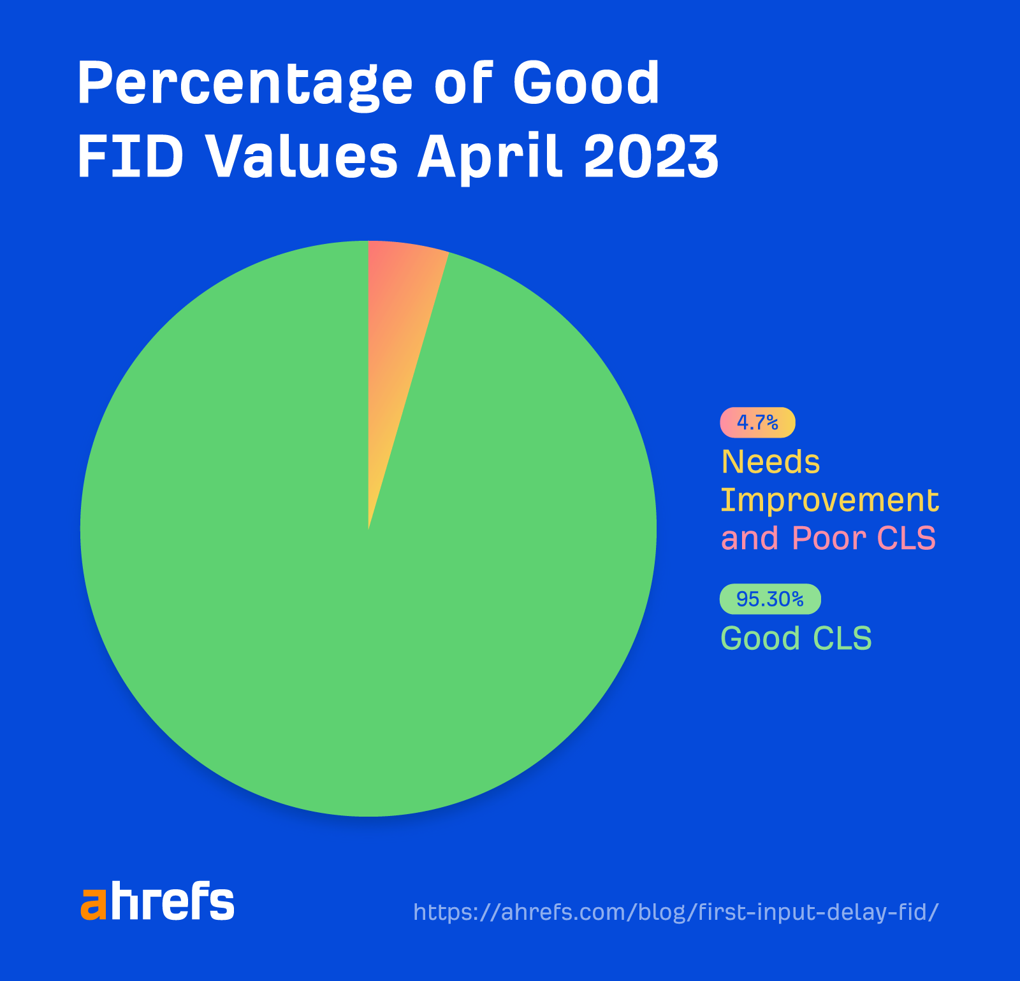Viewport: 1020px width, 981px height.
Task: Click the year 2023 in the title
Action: pos(651,157)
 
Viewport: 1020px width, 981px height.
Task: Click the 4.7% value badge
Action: pos(757,422)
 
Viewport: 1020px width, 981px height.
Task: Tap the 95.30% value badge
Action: pos(770,599)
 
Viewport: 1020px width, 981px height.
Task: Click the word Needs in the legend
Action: pos(770,462)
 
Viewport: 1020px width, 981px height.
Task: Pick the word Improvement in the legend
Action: pos(829,500)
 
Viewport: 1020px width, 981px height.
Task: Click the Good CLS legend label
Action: pos(796,638)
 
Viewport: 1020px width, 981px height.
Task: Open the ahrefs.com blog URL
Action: pos(676,912)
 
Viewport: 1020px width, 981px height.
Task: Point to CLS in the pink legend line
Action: pos(906,538)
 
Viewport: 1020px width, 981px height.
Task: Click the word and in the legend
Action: pos(750,538)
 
